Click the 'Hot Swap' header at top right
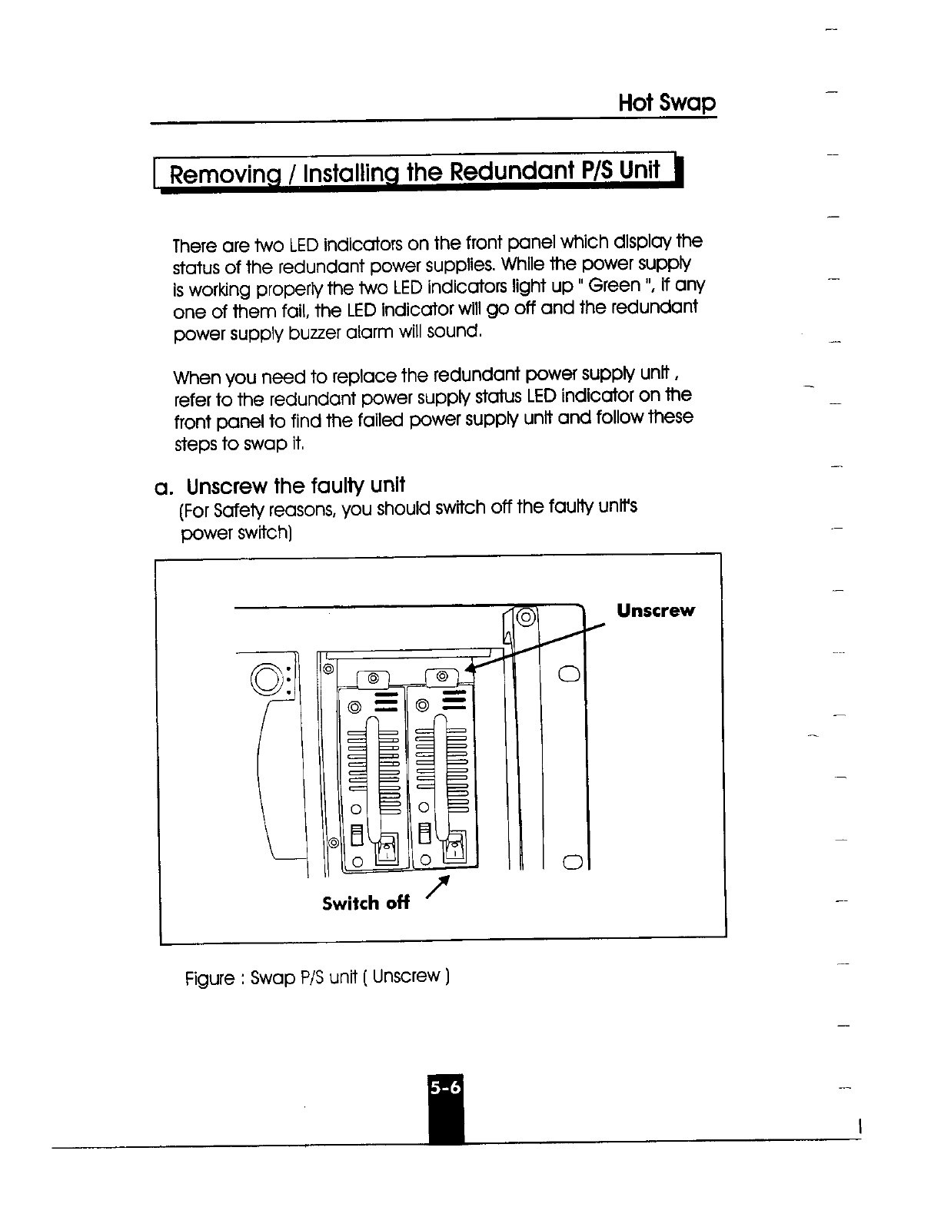pos(667,103)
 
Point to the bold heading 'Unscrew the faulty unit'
pos(296,486)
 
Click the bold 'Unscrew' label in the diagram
pos(655,611)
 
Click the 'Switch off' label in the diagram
pos(365,903)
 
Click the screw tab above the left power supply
pos(374,678)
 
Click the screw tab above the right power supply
pos(441,677)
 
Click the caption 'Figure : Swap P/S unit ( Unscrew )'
pos(317,978)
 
